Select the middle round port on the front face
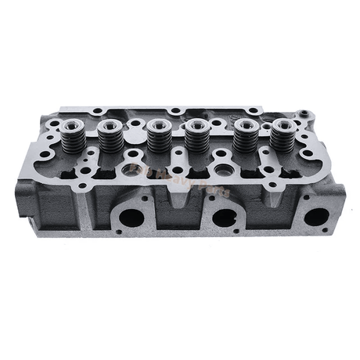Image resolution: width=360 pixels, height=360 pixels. pyautogui.click(x=225, y=220)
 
